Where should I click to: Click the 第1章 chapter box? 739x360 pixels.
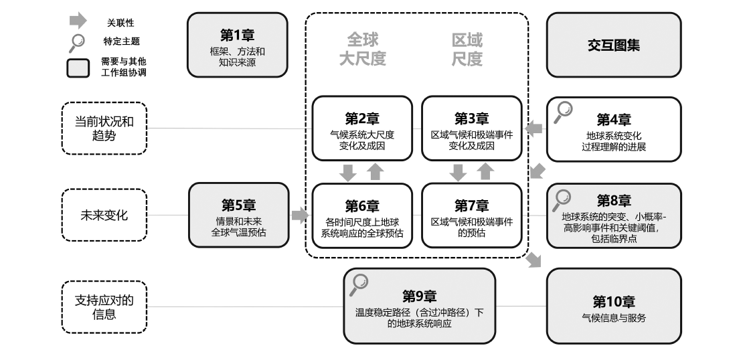pos(237,45)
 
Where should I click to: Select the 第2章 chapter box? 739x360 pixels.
pos(362,128)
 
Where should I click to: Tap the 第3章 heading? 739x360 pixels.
pos(471,118)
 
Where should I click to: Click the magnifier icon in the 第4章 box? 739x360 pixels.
pos(564,112)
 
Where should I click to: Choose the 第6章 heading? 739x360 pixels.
pos(362,205)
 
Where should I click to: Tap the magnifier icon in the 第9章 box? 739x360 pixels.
pos(360,284)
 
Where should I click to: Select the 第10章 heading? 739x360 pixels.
pos(614,302)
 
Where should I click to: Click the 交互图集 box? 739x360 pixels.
pos(614,45)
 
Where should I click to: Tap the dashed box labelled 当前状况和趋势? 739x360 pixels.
pos(104,128)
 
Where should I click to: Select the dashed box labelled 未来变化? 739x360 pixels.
pos(104,215)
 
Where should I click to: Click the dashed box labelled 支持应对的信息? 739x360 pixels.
pos(104,306)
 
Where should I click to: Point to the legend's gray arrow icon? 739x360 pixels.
pos(78,21)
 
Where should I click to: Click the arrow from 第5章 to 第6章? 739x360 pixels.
pos(300,215)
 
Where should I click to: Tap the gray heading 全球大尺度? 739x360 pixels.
pos(362,50)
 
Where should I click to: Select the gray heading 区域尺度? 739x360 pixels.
pos(467,50)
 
